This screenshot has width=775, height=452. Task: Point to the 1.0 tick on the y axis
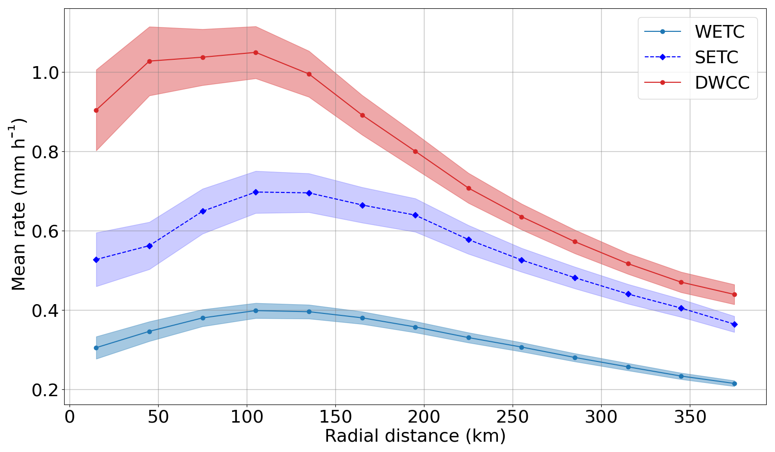45,72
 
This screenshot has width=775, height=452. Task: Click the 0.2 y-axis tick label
45,390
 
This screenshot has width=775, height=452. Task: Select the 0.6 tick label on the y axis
45,231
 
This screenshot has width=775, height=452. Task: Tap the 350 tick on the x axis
690,417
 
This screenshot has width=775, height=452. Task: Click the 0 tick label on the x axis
70,417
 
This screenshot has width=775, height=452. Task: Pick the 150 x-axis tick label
335,417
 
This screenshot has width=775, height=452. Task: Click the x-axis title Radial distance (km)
415,436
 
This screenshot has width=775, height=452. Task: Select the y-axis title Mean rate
19,204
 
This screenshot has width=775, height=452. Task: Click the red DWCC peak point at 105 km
256,52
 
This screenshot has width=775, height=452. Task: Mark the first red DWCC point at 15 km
96,110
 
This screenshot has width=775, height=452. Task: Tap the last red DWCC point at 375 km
734,294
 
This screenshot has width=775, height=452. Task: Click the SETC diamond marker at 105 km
256,192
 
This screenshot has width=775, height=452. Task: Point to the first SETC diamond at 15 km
96,260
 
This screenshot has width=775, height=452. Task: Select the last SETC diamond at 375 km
734,324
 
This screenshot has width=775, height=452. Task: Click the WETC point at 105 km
256,310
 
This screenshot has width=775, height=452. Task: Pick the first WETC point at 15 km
96,348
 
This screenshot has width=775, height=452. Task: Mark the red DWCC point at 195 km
415,151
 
